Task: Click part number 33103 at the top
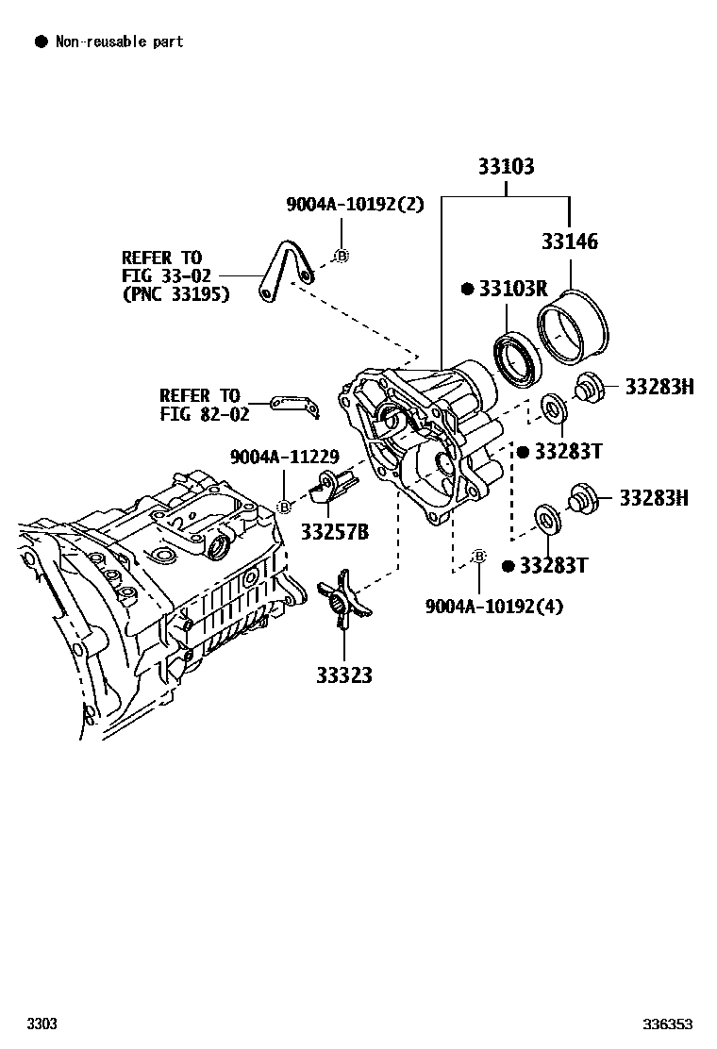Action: coord(506,167)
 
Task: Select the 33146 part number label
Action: coord(569,241)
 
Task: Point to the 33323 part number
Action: coord(343,675)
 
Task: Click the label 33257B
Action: coord(335,532)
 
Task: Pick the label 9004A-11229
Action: coord(284,457)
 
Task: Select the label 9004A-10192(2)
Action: coord(356,204)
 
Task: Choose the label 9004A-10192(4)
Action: coord(493,606)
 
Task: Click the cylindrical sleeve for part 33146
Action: coord(574,326)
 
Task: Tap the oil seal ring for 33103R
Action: coord(516,358)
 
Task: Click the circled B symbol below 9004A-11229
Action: coord(283,508)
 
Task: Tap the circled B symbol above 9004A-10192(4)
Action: coord(478,557)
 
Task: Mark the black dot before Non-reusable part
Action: coord(41,42)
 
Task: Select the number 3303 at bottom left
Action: coord(42,1024)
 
